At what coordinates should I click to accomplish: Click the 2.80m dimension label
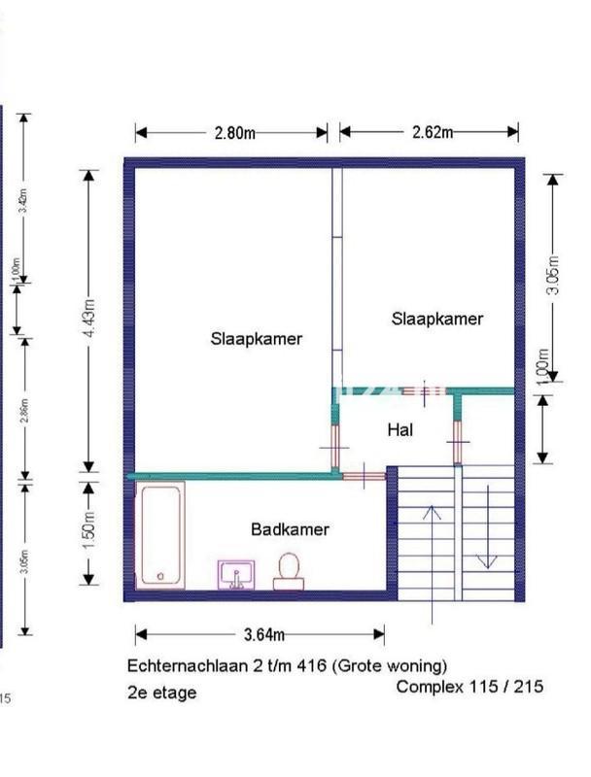[x=234, y=133]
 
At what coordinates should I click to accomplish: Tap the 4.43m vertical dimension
[x=88, y=320]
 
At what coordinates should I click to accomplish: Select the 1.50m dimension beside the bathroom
[x=88, y=533]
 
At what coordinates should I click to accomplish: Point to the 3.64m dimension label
[x=262, y=635]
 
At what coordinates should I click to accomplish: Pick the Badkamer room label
[x=290, y=529]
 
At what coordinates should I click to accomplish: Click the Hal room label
[x=400, y=428]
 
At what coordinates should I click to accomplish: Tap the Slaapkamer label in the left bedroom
[x=256, y=339]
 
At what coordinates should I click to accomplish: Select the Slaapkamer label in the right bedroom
[x=437, y=318]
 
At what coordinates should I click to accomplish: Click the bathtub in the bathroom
[x=161, y=535]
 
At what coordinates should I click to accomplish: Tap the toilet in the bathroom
[x=288, y=570]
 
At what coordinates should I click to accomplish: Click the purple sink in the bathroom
[x=237, y=574]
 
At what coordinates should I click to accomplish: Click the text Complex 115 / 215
[x=469, y=686]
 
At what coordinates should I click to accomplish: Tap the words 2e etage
[x=161, y=693]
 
